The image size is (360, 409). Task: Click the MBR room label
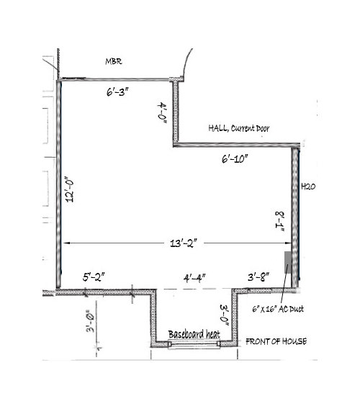[114, 61]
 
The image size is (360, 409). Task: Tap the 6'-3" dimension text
[117, 92]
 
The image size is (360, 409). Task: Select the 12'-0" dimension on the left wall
[70, 191]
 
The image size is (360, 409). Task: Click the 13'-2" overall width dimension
[184, 243]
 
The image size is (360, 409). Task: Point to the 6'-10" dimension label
[235, 159]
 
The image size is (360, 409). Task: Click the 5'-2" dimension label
[94, 277]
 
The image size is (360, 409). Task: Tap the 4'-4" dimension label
[194, 279]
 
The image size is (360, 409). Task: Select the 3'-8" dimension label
[258, 277]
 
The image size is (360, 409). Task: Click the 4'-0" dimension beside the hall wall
[163, 112]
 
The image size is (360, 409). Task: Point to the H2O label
[308, 186]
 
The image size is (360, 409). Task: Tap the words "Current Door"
[250, 128]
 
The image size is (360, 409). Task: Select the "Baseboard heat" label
[194, 334]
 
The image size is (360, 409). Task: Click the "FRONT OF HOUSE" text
[276, 341]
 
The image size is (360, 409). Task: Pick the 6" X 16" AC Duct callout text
[278, 309]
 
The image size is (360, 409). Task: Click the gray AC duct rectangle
[288, 262]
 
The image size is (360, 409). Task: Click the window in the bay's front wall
[194, 345]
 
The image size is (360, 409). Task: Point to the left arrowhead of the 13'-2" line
[66, 243]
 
